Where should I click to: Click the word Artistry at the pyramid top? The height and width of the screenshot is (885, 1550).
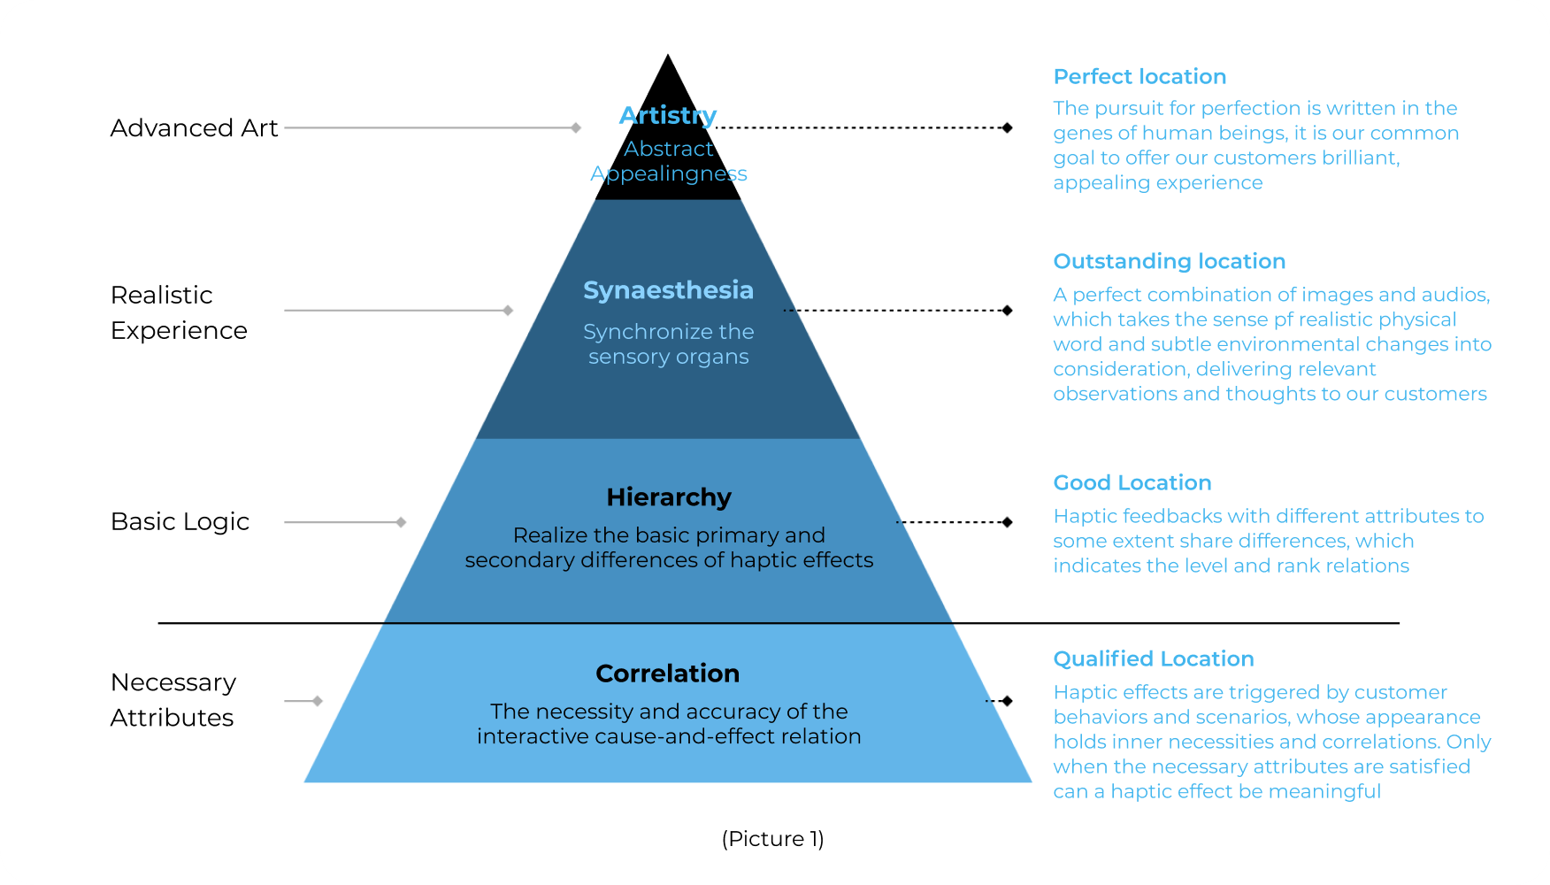click(668, 116)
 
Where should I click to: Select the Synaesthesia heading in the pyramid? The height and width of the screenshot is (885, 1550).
click(668, 290)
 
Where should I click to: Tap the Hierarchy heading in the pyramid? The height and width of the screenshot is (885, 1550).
click(669, 497)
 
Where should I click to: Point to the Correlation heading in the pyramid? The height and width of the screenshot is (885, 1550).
click(668, 673)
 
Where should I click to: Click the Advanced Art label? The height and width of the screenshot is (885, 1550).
click(194, 128)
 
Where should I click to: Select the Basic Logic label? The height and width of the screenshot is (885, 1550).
click(180, 522)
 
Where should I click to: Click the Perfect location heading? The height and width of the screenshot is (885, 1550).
click(1139, 77)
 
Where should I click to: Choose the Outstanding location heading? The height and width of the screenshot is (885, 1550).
click(1169, 262)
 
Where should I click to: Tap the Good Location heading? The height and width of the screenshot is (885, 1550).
click(1132, 483)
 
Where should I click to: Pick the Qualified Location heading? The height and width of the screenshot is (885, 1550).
click(1153, 659)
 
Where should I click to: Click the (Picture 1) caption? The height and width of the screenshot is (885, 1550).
click(772, 839)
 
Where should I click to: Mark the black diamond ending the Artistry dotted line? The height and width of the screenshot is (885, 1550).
click(1007, 128)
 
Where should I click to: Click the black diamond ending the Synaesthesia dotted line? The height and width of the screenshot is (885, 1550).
click(1007, 311)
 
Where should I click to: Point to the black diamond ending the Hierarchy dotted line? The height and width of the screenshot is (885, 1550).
click(1007, 522)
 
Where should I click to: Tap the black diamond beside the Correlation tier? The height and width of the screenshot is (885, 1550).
click(1007, 701)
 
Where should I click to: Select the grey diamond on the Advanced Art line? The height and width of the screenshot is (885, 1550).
click(576, 128)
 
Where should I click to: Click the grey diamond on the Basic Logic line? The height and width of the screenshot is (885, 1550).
click(401, 522)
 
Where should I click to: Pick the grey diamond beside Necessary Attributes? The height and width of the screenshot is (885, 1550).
click(317, 701)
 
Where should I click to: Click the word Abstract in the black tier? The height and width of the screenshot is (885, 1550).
click(668, 149)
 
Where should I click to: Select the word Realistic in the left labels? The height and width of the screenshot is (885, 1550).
click(161, 296)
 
